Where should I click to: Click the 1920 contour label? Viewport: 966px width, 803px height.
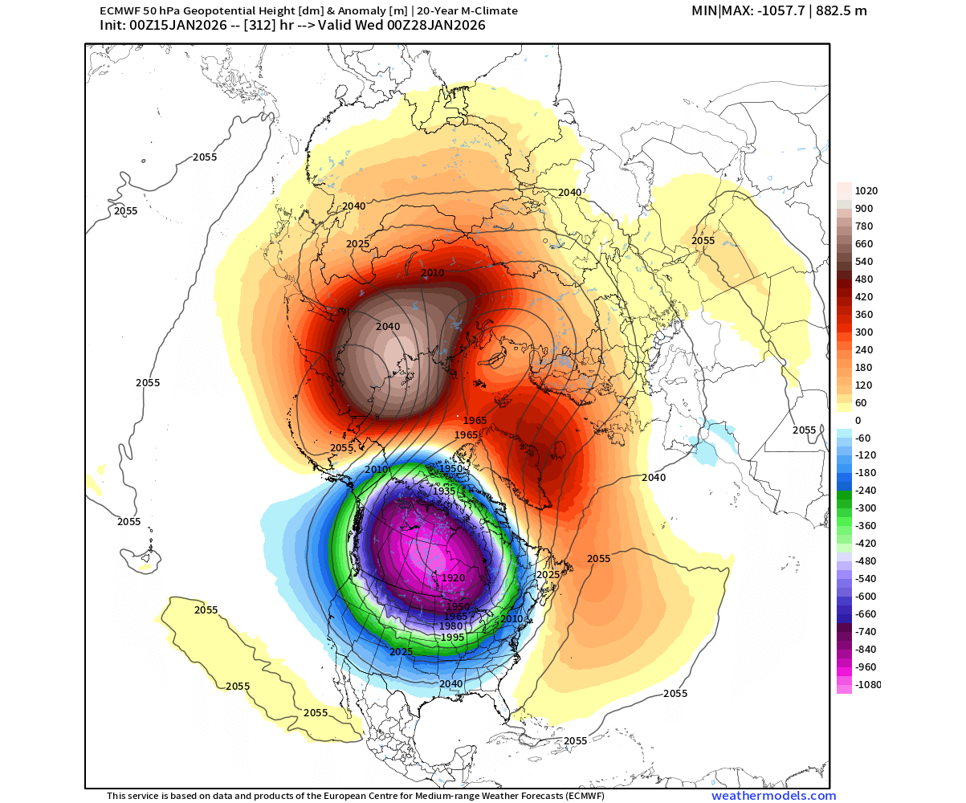(453, 577)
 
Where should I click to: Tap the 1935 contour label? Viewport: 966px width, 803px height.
(444, 491)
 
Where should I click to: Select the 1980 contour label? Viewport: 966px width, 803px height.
(450, 626)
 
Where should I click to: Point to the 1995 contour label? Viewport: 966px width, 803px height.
(452, 637)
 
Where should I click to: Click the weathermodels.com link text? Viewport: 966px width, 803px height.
(773, 796)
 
